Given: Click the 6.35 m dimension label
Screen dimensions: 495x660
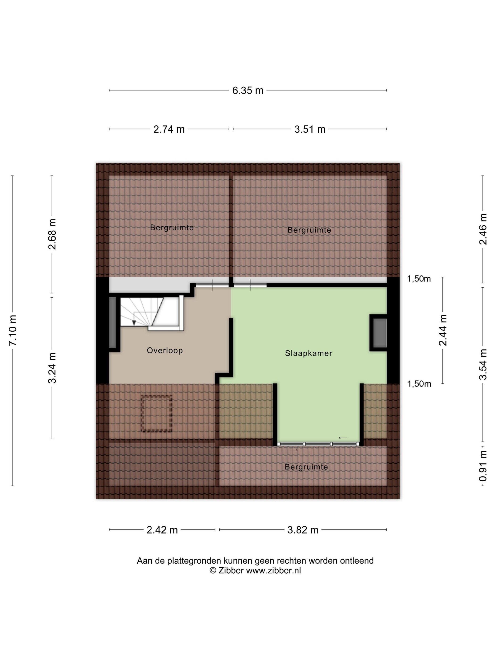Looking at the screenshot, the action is [248, 91].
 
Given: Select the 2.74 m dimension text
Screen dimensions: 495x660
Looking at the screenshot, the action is [169, 129].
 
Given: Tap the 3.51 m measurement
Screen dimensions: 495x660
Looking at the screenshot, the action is [310, 129].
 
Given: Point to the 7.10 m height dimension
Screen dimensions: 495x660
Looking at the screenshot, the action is [12, 330].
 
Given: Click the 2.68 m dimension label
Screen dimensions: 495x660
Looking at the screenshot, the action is [52, 234].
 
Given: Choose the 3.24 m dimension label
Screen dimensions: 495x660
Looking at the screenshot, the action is [52, 368].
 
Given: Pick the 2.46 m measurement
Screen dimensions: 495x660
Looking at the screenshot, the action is [483, 229].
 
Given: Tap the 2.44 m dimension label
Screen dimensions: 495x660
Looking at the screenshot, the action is [443, 330].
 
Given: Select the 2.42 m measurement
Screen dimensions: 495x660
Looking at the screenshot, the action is [162, 530].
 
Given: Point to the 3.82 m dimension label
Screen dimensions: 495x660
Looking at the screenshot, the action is [303, 530].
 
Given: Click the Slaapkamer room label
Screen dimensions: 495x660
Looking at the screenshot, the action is [309, 353].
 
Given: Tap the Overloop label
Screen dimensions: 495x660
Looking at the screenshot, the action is [165, 350].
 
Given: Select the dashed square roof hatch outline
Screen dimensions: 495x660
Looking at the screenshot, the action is [157, 413].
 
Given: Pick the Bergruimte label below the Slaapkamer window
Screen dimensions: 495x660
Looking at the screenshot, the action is [306, 467].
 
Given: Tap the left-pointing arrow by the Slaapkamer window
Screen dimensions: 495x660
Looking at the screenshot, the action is [342, 438].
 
